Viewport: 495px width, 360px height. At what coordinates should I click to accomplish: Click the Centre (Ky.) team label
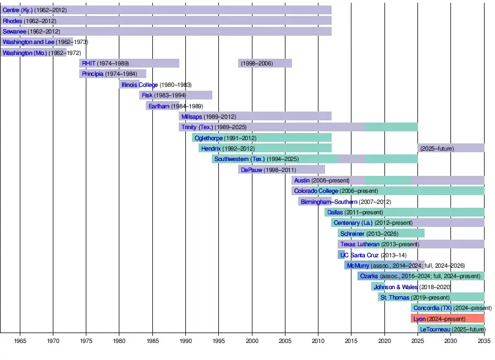click(x=18, y=10)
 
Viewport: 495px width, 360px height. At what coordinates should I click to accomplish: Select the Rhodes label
click(x=13, y=21)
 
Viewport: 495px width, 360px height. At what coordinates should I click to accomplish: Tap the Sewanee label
click(x=14, y=31)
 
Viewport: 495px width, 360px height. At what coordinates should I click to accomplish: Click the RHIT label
click(x=89, y=63)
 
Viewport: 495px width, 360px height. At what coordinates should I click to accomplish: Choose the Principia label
click(x=92, y=74)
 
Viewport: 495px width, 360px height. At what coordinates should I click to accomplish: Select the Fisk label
click(x=147, y=95)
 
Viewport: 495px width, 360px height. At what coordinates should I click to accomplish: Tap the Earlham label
click(x=159, y=106)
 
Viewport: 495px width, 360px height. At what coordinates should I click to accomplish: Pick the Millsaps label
click(x=191, y=117)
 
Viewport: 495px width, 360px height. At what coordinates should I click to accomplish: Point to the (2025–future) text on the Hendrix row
click(x=437, y=148)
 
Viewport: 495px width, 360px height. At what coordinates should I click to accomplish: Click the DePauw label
click(x=251, y=170)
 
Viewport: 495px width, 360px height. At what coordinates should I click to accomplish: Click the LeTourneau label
click(x=435, y=329)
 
